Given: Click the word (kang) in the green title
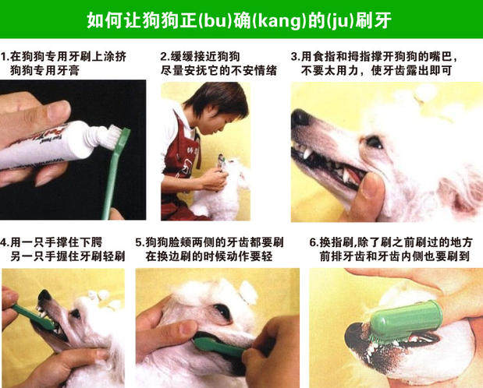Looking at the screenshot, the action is tap(279, 21).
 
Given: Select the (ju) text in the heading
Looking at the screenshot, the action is tap(340, 21).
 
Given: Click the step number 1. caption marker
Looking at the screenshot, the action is tap(4, 57).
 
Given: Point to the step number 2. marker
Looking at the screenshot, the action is tap(165, 57).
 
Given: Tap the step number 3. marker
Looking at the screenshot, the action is tap(296, 57).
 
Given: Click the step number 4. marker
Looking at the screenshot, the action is tap(5, 243).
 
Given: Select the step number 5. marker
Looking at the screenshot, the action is tap(140, 243).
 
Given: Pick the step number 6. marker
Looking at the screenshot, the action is tap(314, 243).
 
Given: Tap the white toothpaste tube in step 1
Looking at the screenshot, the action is tap(46, 144).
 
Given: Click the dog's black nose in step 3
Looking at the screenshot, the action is tap(300, 118).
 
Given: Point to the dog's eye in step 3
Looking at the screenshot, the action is tap(374, 142).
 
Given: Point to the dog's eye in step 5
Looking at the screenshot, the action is tap(222, 311).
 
